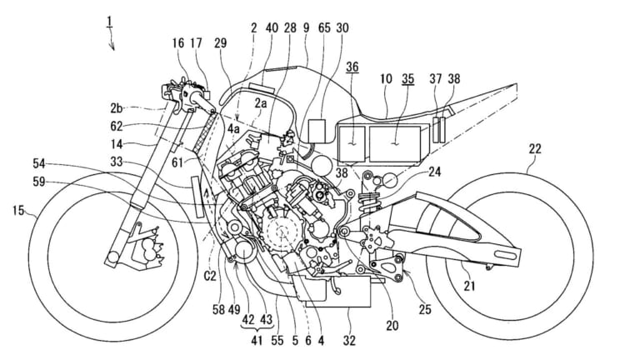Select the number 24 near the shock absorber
[x=434, y=174]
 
